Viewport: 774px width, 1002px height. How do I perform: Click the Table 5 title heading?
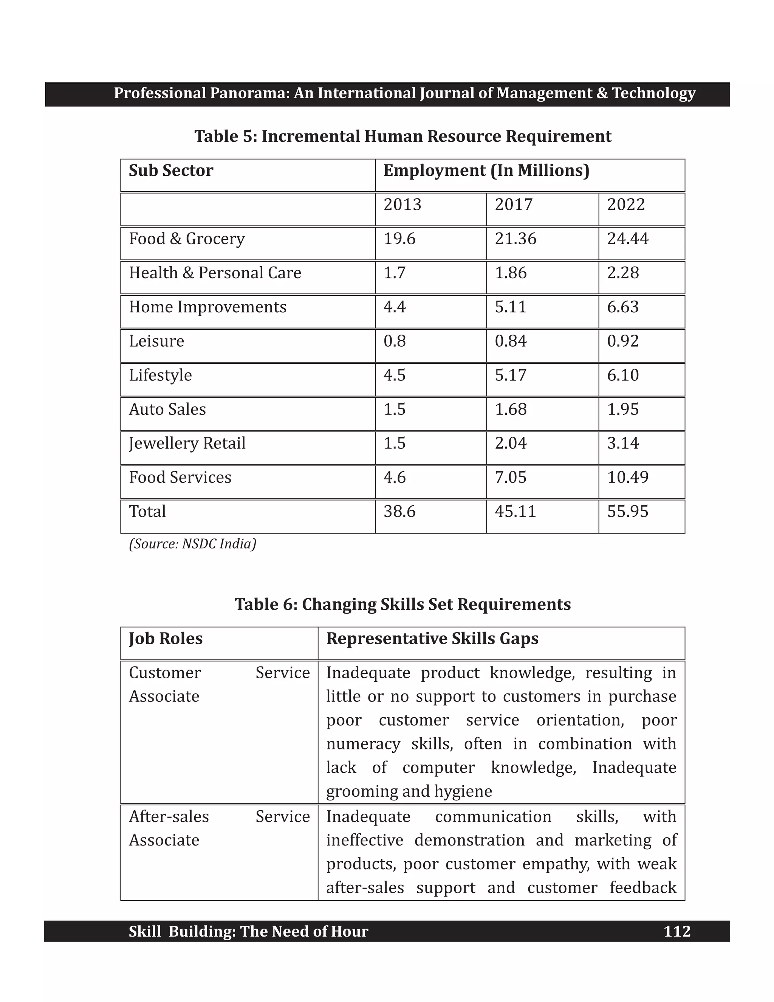coord(402,136)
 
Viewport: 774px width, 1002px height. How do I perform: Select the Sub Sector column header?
coord(170,171)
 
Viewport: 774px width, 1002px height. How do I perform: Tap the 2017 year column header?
coord(513,205)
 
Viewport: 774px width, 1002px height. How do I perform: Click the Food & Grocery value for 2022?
coord(627,239)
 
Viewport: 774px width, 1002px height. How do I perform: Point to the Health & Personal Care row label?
coord(215,273)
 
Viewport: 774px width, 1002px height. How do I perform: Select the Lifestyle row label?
coord(160,375)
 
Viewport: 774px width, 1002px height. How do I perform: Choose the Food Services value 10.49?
coord(627,477)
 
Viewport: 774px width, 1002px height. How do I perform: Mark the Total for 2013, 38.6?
coord(399,512)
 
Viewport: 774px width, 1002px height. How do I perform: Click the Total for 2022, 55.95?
coord(627,512)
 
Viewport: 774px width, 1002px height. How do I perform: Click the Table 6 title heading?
coord(402,604)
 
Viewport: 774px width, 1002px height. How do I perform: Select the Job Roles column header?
coord(166,639)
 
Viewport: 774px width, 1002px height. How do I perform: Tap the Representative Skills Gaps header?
coord(432,639)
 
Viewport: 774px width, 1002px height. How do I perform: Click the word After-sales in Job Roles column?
coord(169,817)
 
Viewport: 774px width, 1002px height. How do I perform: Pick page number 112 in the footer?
coord(677,931)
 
